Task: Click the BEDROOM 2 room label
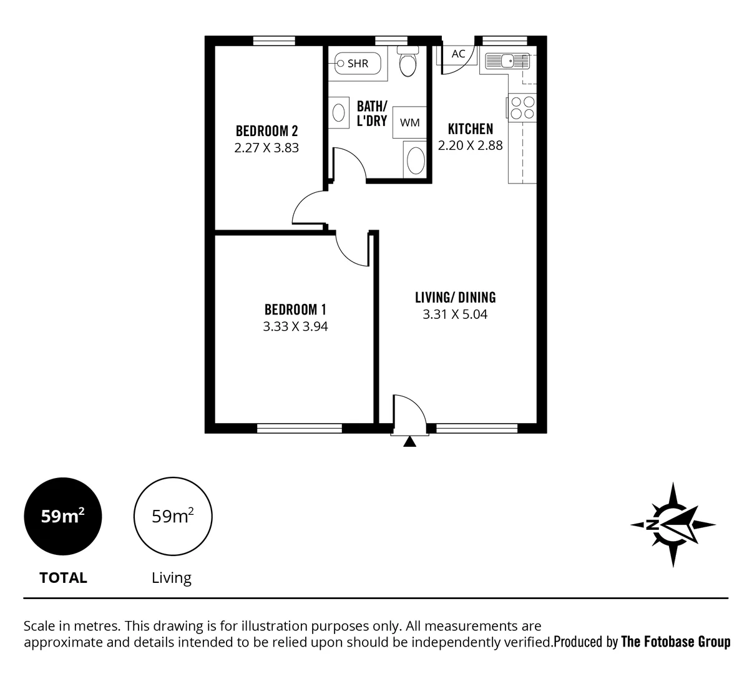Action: (x=266, y=131)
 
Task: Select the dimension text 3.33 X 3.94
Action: (x=295, y=326)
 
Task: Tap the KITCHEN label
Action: (x=471, y=129)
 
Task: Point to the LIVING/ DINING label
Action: (x=455, y=297)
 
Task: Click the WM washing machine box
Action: (x=409, y=122)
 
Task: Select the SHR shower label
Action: (x=358, y=63)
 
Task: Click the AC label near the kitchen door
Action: (x=458, y=54)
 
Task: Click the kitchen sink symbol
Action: (x=507, y=61)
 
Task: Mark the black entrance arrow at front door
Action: (x=409, y=442)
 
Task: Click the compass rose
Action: (x=673, y=524)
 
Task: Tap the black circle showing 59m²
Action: (x=62, y=517)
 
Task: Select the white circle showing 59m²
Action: (x=173, y=517)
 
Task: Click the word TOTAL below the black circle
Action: (x=63, y=578)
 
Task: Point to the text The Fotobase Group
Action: (x=675, y=642)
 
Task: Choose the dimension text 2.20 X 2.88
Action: (x=470, y=145)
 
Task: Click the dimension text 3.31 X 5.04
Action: (x=455, y=315)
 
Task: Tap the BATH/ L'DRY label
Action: (x=372, y=114)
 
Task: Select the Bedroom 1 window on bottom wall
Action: (x=299, y=428)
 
